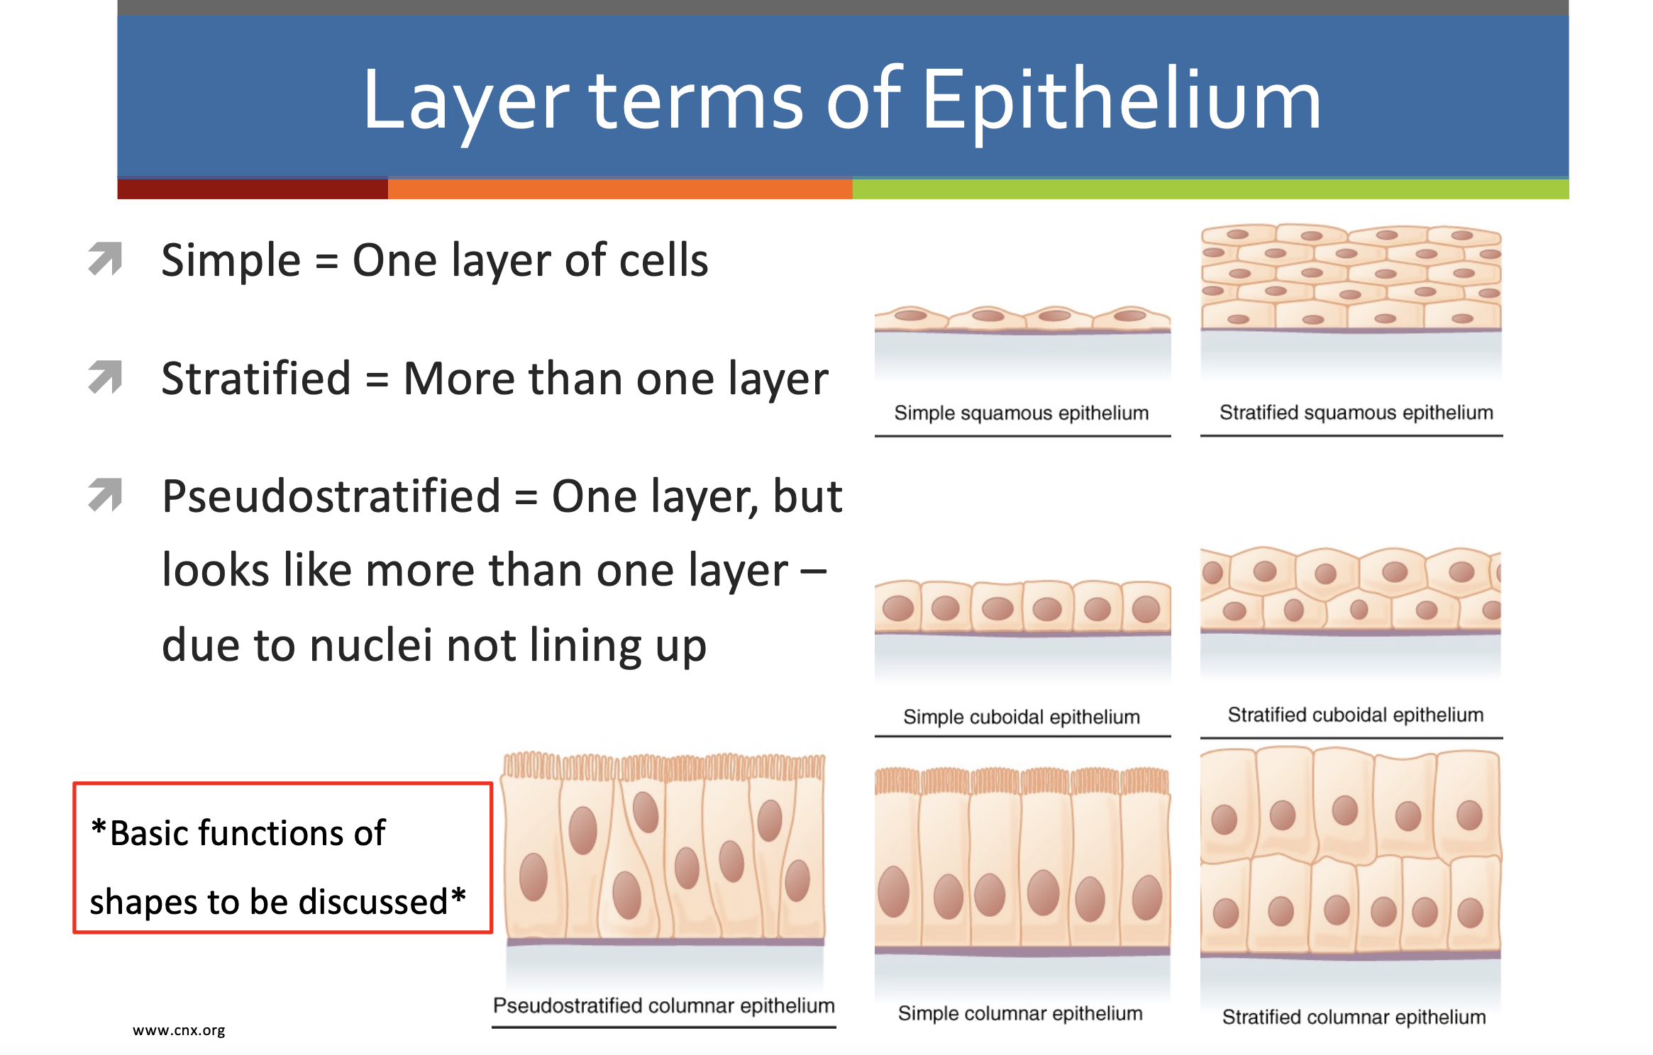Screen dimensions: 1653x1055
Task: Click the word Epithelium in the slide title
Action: pyautogui.click(x=1121, y=101)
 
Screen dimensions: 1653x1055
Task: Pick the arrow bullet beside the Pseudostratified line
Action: pyautogui.click(x=105, y=495)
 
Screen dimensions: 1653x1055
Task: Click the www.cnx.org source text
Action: pyautogui.click(x=179, y=1030)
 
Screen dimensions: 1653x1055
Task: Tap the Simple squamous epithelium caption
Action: pyautogui.click(x=1022, y=413)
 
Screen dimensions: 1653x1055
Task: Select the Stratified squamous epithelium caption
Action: pyautogui.click(x=1356, y=413)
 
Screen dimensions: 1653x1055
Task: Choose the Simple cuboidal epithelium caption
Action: pyautogui.click(x=1022, y=717)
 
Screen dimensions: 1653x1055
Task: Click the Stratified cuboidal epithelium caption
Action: pyautogui.click(x=1356, y=715)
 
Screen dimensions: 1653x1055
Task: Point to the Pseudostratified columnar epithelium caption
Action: pyautogui.click(x=664, y=1005)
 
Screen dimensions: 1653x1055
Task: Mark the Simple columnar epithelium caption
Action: pyautogui.click(x=1020, y=1013)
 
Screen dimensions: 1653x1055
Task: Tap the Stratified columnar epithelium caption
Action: pyautogui.click(x=1354, y=1017)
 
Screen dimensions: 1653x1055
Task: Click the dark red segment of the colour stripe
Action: pyautogui.click(x=253, y=189)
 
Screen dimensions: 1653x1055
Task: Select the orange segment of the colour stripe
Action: pyautogui.click(x=620, y=189)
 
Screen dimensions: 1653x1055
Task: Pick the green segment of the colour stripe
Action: pyautogui.click(x=1210, y=189)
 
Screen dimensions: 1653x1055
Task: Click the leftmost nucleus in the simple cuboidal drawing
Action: pyautogui.click(x=898, y=608)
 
